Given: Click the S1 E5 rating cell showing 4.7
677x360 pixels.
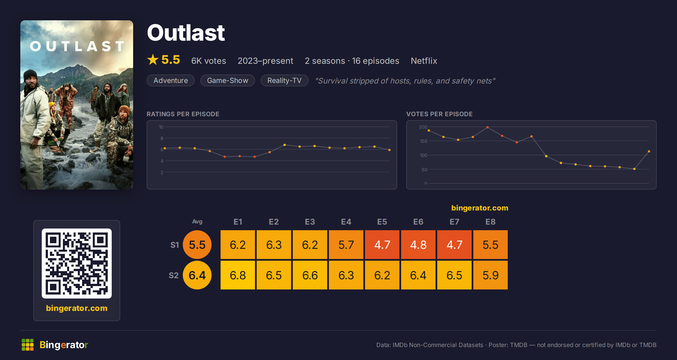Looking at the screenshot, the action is (382, 245).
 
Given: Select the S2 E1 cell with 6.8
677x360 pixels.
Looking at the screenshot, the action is (238, 275).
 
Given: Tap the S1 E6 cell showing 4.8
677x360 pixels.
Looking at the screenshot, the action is (418, 245).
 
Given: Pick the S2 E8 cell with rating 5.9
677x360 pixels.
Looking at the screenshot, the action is (491, 275).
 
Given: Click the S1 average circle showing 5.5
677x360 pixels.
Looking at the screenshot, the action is (197, 245).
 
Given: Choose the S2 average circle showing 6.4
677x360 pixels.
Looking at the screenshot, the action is (197, 275).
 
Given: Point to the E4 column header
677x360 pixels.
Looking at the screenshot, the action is (346, 222).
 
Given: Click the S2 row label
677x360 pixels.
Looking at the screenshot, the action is (174, 275).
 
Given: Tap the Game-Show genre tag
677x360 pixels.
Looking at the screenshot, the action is (228, 80).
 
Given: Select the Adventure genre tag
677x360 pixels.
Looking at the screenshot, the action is (171, 80).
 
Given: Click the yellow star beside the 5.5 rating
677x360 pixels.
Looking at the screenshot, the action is (153, 60).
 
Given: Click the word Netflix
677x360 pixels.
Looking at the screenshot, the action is (424, 61).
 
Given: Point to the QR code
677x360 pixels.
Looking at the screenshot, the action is (77, 264).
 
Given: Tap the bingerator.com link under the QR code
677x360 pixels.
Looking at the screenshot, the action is (77, 308).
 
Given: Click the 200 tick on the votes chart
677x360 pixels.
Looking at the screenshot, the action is (423, 127).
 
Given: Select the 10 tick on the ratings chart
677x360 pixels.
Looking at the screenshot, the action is (161, 127).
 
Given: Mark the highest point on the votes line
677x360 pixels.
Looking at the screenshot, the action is (487, 127).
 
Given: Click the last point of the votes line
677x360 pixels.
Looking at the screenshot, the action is (649, 152).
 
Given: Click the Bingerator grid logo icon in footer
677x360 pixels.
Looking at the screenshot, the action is (28, 345).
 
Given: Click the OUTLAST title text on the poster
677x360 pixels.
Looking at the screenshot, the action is (77, 46).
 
